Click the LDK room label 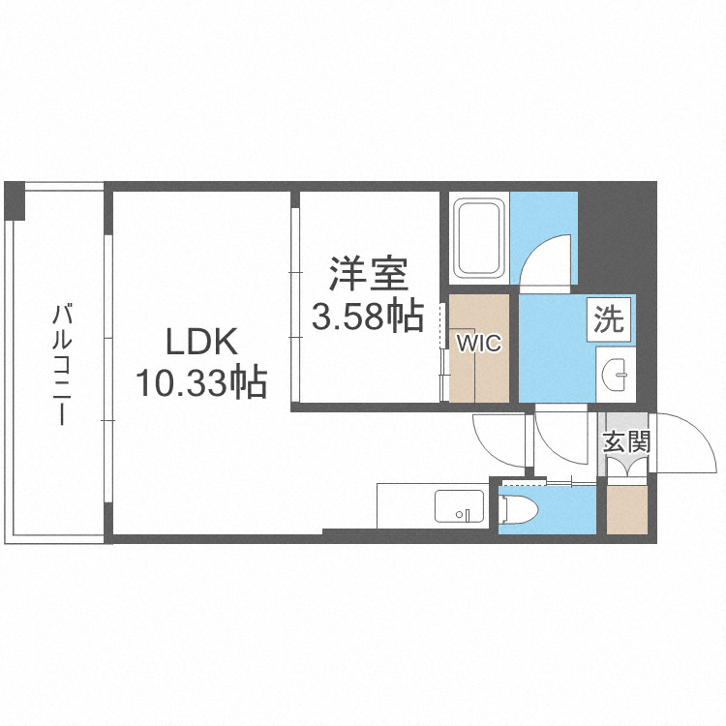click(x=200, y=342)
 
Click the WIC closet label click(x=479, y=345)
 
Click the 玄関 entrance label click(x=625, y=443)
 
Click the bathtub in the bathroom click(x=478, y=238)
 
